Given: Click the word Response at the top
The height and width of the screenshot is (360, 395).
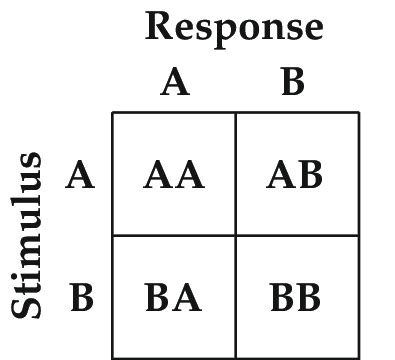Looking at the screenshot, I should (234, 27).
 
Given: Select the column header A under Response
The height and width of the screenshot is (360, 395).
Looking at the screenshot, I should (174, 82).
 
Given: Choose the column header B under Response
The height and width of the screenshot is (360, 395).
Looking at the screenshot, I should (292, 82).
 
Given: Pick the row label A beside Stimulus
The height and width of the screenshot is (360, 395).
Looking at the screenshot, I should (80, 176).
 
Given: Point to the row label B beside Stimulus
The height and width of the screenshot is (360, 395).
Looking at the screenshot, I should (81, 298).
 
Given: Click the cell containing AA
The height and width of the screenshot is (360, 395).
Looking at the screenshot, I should (173, 175).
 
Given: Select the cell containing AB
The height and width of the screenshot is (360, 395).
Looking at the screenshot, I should (296, 175).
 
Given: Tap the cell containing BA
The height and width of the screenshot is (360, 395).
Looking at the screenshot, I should (173, 298).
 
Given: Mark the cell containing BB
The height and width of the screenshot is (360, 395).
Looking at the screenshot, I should (296, 298).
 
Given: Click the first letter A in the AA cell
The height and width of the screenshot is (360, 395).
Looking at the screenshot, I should (159, 176).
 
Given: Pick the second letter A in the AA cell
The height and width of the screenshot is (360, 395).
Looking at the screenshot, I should (188, 176).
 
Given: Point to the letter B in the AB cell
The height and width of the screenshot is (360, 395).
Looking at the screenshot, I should (310, 176).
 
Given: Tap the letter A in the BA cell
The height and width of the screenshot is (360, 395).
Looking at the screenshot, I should (187, 298).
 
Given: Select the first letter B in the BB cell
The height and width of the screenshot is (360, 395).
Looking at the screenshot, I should (283, 298).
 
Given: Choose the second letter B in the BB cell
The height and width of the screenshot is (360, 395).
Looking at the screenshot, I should (309, 298).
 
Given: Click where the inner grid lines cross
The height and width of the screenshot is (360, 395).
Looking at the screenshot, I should (235, 235).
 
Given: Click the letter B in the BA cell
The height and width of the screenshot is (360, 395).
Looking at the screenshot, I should (159, 298).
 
